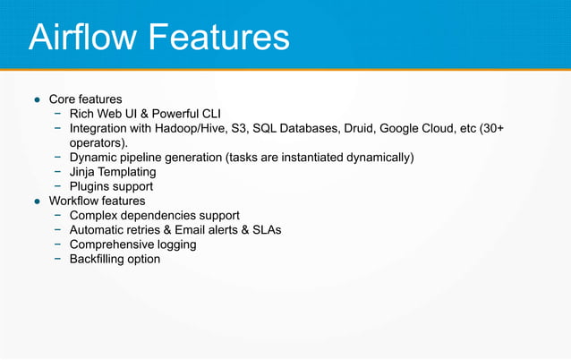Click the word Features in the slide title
coord(219,38)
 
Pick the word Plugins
coord(92,186)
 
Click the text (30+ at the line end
coord(492,128)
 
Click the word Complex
coord(95,216)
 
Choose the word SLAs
coord(265,230)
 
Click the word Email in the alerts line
coord(193,230)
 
